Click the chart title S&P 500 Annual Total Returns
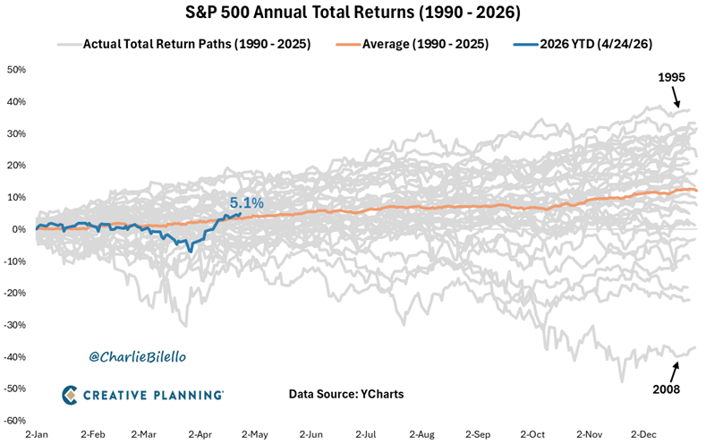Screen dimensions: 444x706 tap(353, 14)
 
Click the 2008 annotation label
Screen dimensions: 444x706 tap(667, 389)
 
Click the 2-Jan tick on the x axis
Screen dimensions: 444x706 tap(37, 433)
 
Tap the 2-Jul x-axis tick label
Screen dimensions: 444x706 tap(366, 433)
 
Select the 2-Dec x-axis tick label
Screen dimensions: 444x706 tap(645, 433)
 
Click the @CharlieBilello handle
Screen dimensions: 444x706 tap(137, 356)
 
